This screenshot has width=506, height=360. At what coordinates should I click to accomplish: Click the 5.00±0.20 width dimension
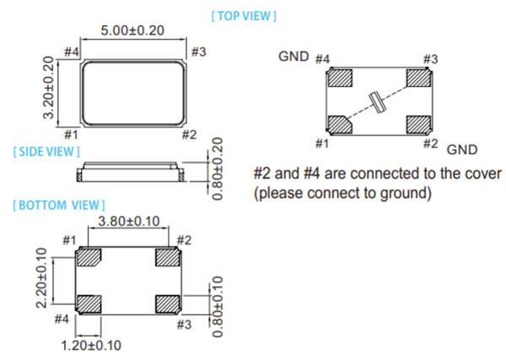coord(132,31)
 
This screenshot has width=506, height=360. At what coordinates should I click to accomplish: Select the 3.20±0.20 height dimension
coord(47,88)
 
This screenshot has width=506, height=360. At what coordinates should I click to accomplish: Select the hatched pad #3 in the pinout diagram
coord(419,79)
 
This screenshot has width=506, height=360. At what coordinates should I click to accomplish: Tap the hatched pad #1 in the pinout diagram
coord(339,125)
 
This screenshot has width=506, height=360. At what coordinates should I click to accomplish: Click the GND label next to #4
coord(294,56)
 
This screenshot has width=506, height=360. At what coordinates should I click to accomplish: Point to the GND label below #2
coord(461,149)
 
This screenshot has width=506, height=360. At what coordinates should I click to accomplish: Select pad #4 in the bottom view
coord(88,302)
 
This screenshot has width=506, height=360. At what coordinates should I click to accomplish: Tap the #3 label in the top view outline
coord(199,52)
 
